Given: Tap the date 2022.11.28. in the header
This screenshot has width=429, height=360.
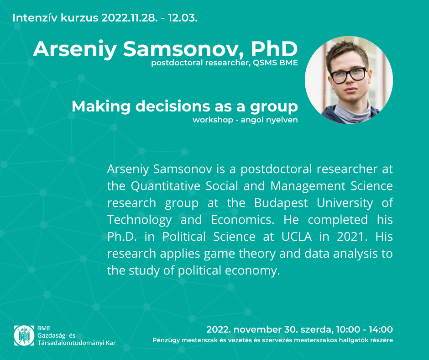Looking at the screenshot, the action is pos(130,18).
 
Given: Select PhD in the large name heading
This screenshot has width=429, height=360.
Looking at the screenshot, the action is pos(274,49).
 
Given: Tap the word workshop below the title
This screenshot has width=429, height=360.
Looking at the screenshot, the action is pos(213,120).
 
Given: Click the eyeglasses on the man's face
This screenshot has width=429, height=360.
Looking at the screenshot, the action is pos(348,75).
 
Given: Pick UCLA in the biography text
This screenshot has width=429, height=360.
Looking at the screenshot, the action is pos(297,237).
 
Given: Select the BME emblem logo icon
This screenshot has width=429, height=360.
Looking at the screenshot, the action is pos(24,335).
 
